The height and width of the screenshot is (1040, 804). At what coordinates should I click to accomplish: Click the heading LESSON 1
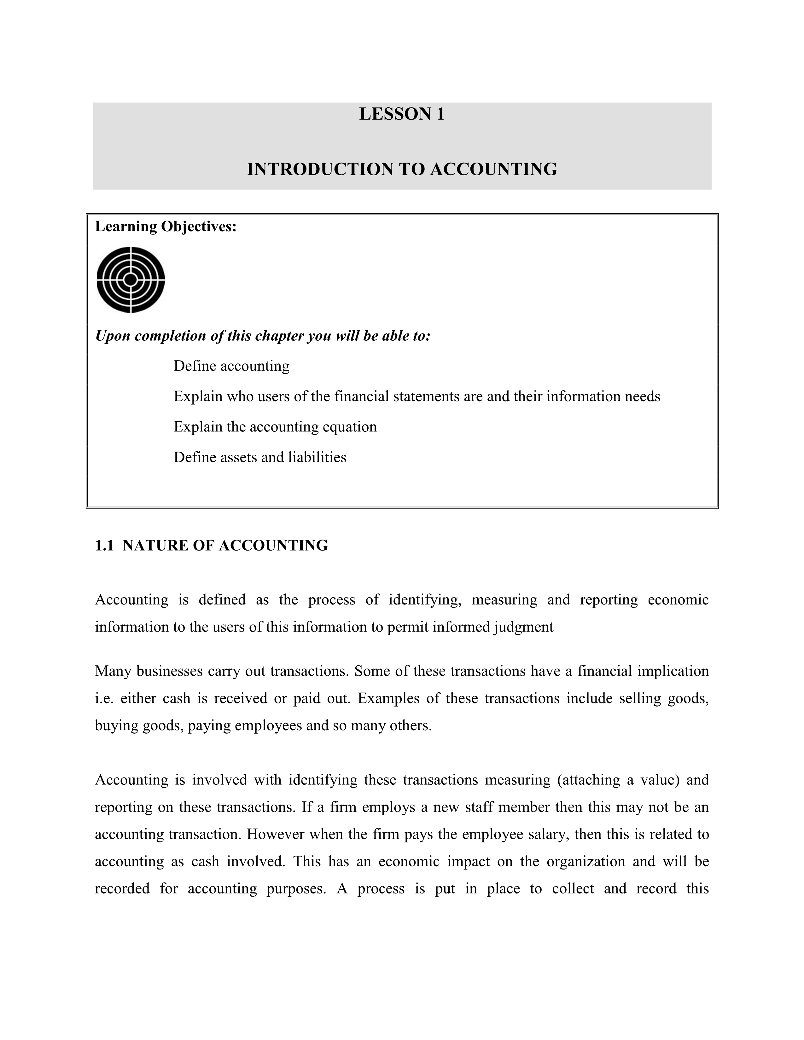tap(401, 114)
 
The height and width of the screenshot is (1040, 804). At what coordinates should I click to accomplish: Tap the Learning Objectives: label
tap(166, 227)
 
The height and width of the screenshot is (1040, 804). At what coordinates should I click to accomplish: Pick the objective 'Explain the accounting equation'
tap(275, 427)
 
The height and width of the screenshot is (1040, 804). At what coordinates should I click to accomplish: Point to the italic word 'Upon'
tap(113, 336)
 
